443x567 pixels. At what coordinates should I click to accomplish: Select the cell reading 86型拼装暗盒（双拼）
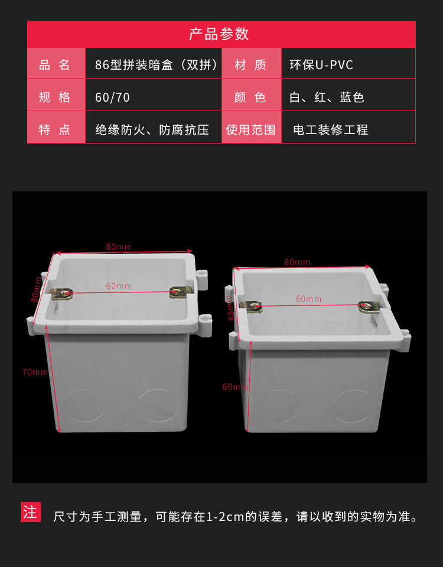(157, 65)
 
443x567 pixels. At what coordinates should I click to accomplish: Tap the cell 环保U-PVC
(321, 65)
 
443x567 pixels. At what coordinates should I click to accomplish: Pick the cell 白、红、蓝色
(327, 97)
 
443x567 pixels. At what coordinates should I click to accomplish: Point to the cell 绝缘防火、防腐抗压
(152, 130)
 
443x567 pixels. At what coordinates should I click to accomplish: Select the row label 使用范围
(251, 130)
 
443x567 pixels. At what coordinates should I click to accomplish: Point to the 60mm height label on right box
(234, 387)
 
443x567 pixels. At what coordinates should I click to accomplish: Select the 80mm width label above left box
(119, 246)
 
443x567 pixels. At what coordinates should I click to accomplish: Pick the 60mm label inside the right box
(308, 299)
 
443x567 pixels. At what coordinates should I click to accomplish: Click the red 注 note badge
(30, 511)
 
